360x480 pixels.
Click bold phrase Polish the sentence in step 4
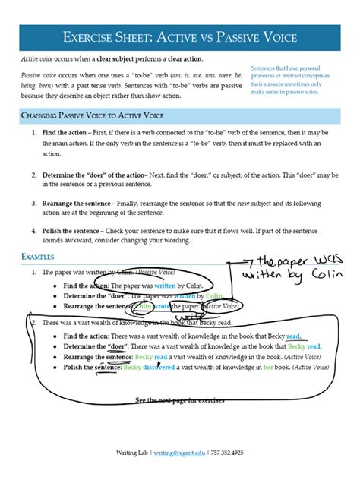pos(71,230)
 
